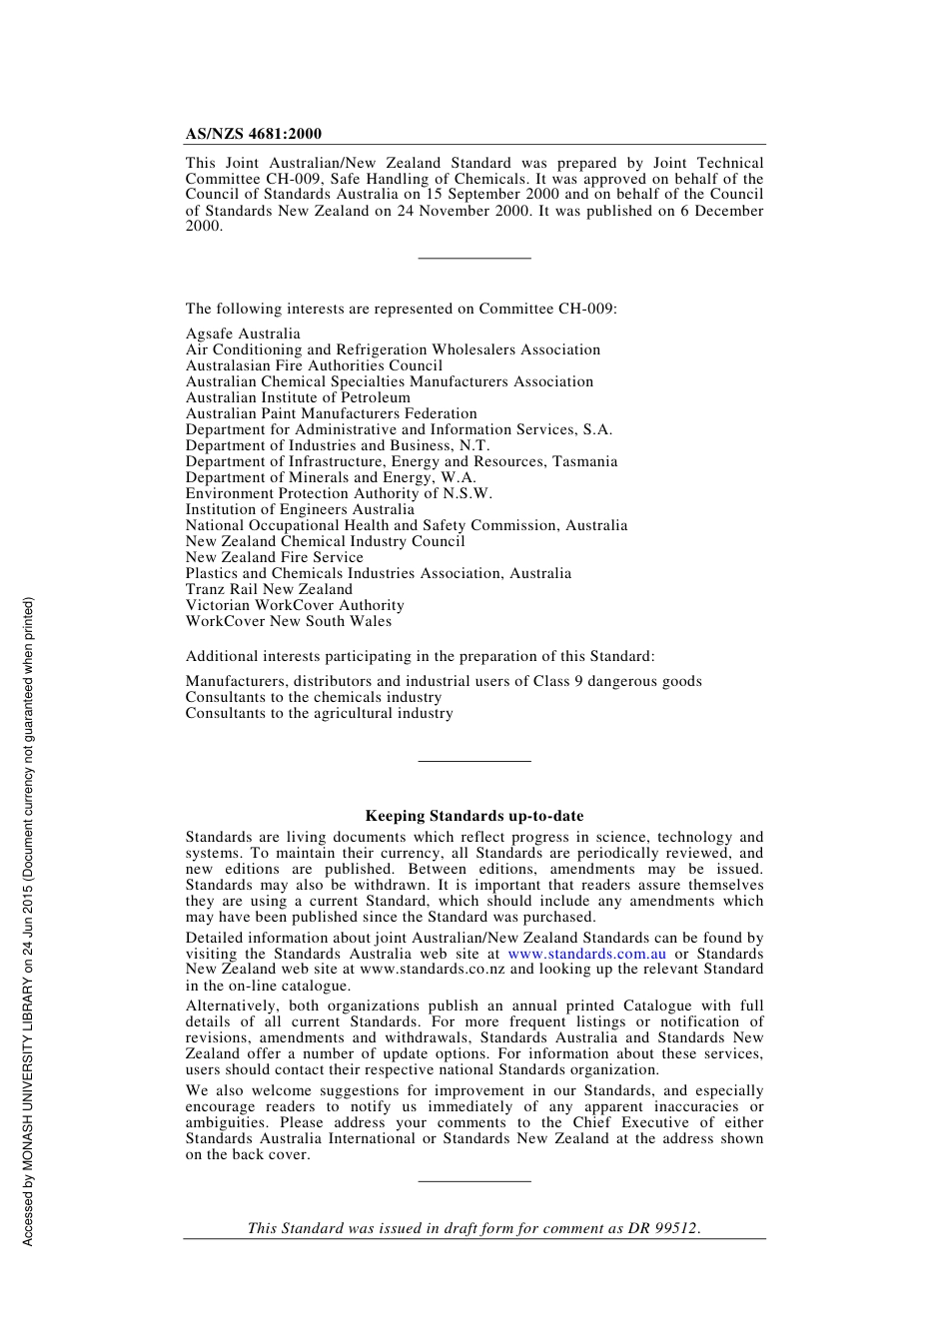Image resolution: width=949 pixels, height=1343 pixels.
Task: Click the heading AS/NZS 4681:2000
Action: (253, 134)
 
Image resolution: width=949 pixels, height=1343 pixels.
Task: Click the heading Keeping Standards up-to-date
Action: (474, 816)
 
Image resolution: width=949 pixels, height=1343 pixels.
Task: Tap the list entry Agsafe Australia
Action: (243, 334)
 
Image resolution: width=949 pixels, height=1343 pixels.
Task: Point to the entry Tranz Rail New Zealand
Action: (269, 589)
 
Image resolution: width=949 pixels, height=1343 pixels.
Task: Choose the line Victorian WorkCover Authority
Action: (295, 605)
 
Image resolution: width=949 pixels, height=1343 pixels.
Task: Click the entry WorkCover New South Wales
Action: (289, 621)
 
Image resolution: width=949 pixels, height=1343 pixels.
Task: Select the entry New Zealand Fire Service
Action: (275, 557)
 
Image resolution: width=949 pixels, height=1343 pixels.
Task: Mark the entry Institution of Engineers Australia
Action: (300, 509)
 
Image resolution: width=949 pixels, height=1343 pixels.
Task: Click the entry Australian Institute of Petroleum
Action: (298, 397)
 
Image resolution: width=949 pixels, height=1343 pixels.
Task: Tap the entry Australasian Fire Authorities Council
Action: (314, 365)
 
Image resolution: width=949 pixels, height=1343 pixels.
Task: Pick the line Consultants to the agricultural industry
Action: (319, 713)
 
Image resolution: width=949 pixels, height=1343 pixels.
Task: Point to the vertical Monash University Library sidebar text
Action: (28, 921)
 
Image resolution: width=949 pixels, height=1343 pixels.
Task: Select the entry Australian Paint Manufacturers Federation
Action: (331, 413)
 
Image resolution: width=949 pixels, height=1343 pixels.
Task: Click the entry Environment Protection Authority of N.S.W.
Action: (339, 493)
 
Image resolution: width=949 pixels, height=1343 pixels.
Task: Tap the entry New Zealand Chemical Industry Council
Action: (325, 541)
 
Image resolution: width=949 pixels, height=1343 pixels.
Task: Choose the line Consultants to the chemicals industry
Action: (313, 697)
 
